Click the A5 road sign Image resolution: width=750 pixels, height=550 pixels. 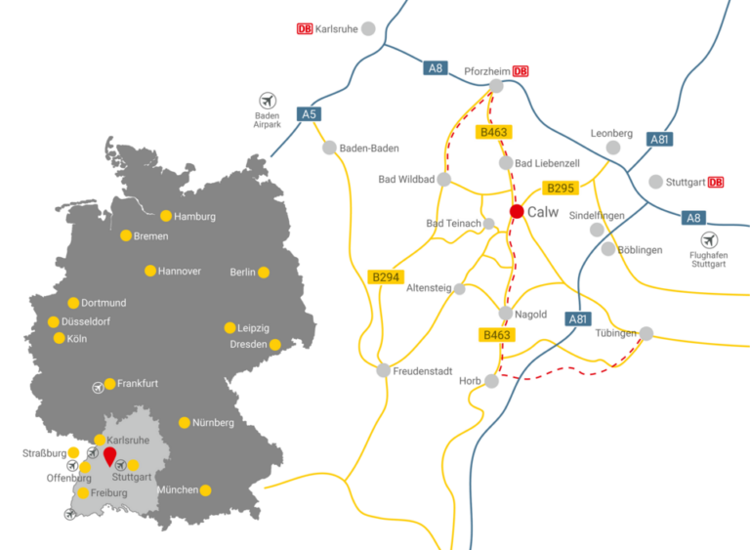pyautogui.click(x=310, y=114)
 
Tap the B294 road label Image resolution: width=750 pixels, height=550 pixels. pyautogui.click(x=386, y=277)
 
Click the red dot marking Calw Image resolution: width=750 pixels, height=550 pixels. pyautogui.click(x=516, y=212)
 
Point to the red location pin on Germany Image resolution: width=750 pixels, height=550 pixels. pyautogui.click(x=109, y=455)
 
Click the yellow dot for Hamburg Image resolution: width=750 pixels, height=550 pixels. pyautogui.click(x=166, y=216)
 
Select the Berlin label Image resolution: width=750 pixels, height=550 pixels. pyautogui.click(x=242, y=273)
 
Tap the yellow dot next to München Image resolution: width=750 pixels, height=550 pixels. pyautogui.click(x=206, y=490)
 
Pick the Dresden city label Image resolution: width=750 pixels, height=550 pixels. pyautogui.click(x=248, y=345)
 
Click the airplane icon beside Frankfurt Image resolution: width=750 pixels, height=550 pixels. pyautogui.click(x=98, y=387)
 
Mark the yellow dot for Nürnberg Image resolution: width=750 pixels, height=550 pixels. pyautogui.click(x=185, y=423)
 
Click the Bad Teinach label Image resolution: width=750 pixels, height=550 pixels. pyautogui.click(x=453, y=224)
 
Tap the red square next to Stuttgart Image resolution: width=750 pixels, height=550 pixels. pyautogui.click(x=716, y=182)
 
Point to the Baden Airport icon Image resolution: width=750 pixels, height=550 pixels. pyautogui.click(x=268, y=100)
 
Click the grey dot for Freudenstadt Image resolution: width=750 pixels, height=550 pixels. pyautogui.click(x=383, y=370)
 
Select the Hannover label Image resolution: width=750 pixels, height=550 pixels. pyautogui.click(x=179, y=271)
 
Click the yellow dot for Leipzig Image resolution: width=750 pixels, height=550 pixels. pyautogui.click(x=230, y=328)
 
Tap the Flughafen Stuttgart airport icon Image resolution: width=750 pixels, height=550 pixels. pyautogui.click(x=710, y=240)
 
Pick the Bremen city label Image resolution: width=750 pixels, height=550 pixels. pyautogui.click(x=151, y=236)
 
